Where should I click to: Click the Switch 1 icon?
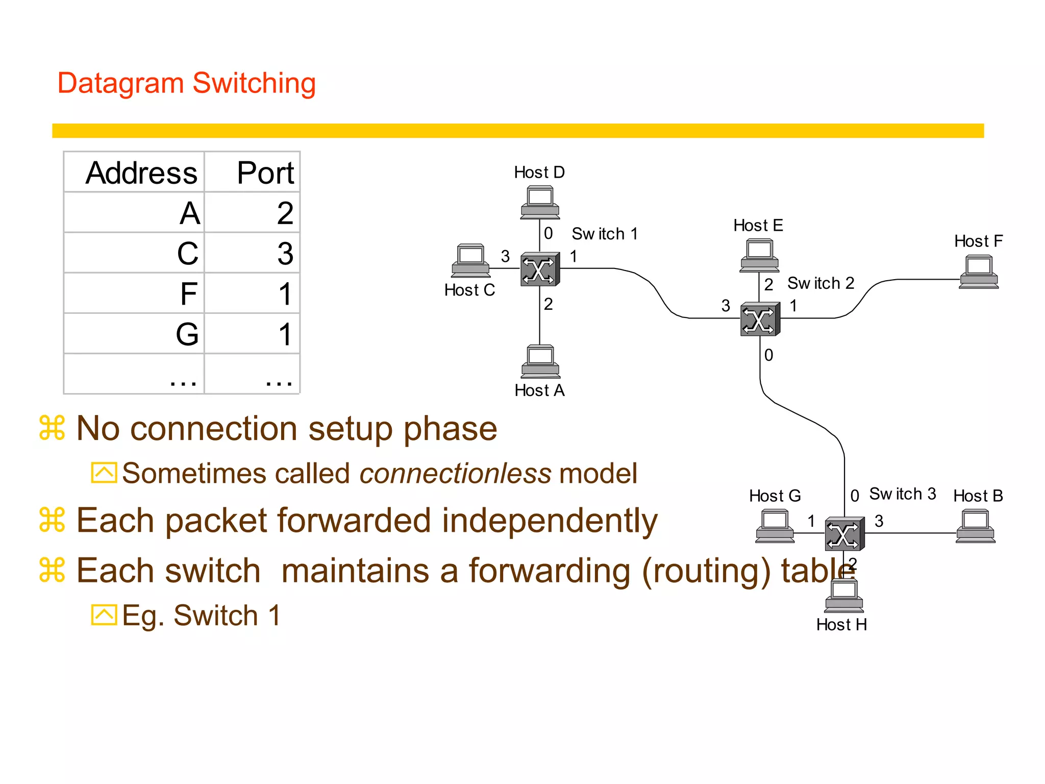click(540, 269)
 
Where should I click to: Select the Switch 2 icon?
click(760, 319)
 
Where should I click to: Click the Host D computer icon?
click(540, 203)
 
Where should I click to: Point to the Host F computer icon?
click(979, 272)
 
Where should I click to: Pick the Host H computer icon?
click(844, 596)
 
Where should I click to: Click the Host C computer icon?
click(470, 260)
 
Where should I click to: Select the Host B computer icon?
click(975, 526)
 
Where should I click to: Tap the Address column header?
click(141, 173)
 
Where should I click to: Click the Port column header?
click(265, 173)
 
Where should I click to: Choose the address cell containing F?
click(189, 294)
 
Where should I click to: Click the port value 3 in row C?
click(285, 254)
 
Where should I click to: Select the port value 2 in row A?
click(285, 213)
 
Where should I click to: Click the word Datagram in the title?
click(120, 83)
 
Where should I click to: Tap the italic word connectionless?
click(455, 474)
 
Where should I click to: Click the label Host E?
click(758, 226)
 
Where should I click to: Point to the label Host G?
click(775, 496)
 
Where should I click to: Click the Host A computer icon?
click(540, 361)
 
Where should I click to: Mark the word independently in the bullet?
click(550, 521)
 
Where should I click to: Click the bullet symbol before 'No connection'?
click(52, 428)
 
